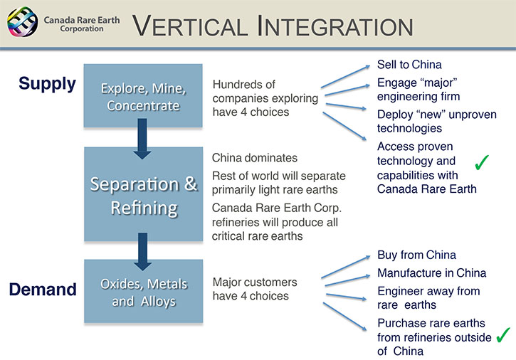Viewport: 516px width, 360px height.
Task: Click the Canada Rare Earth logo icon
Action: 21,23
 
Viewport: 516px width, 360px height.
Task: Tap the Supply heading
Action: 48,83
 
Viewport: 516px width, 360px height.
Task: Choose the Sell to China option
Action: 409,65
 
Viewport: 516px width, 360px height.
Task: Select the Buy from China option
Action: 416,255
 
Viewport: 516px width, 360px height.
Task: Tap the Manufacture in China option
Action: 431,272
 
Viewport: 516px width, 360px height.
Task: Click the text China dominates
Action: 255,157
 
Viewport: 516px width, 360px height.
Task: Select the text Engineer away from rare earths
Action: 428,298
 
